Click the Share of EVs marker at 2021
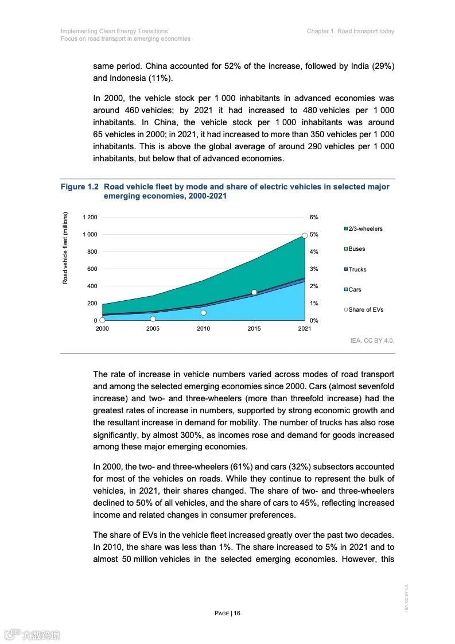(305, 235)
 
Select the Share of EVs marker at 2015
(254, 292)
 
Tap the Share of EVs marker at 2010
(203, 313)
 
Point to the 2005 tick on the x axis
(153, 329)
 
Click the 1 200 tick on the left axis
(90, 218)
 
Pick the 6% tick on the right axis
(314, 218)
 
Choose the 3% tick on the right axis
(314, 269)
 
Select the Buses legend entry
(356, 249)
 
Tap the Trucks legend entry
(357, 269)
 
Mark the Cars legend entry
(355, 290)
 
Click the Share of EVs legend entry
(365, 310)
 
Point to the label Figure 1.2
(80, 187)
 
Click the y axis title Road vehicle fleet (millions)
(65, 248)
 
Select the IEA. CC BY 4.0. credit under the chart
(372, 340)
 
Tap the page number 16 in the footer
(237, 613)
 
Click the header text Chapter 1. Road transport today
(351, 31)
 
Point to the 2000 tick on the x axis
(102, 329)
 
